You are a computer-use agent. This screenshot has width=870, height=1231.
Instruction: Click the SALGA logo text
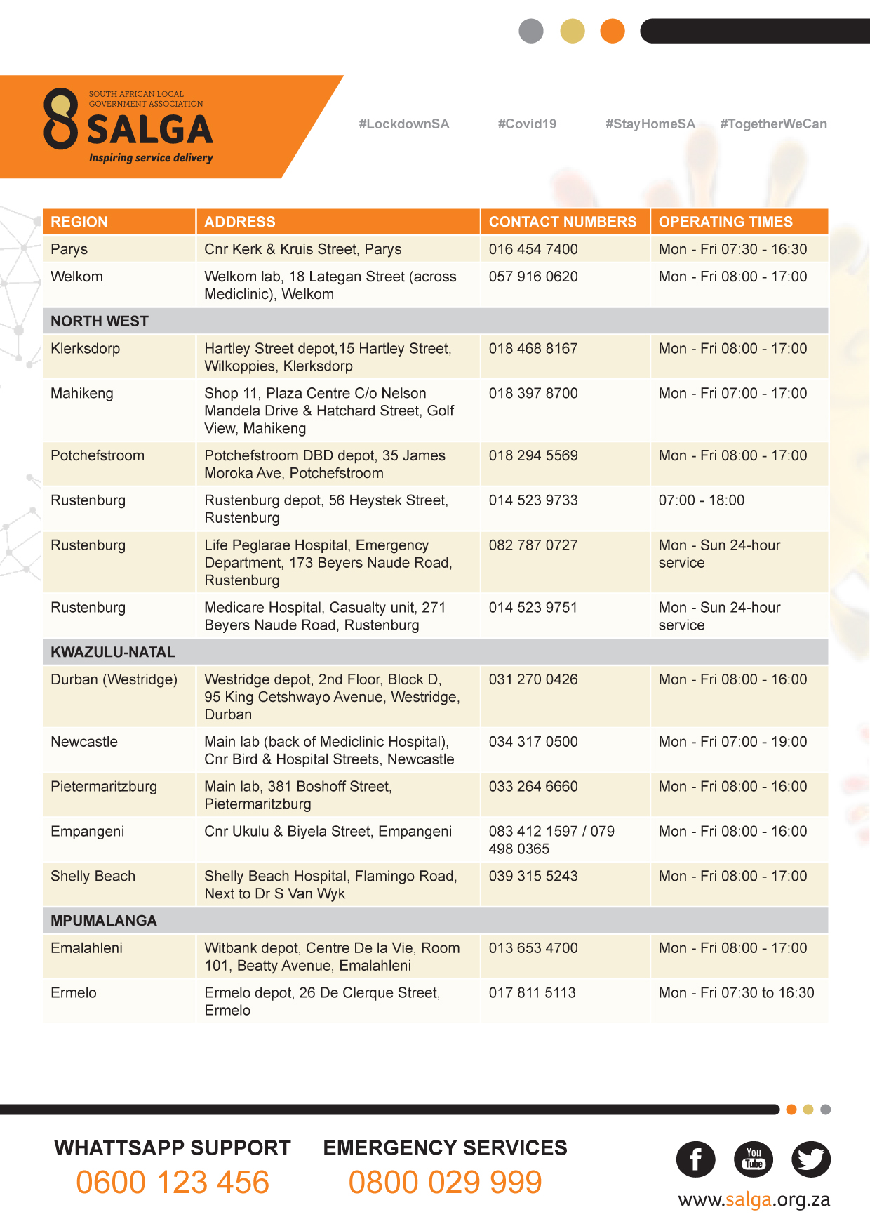click(149, 130)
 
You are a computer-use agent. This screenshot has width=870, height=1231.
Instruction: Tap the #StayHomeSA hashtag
click(650, 124)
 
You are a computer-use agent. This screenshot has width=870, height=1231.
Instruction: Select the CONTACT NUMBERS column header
click(563, 222)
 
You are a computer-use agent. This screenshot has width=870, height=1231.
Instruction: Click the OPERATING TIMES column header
click(725, 222)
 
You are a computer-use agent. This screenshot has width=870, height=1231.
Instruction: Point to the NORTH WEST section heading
click(100, 321)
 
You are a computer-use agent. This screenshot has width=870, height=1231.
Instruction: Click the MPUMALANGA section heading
click(104, 921)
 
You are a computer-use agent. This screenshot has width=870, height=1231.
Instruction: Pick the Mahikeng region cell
click(82, 394)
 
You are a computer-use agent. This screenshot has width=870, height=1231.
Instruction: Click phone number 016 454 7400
click(533, 249)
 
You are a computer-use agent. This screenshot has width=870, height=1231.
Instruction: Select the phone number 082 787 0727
click(533, 545)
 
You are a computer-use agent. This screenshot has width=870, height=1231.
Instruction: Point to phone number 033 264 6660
click(533, 787)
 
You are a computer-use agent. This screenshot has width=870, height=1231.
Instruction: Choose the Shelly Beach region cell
click(93, 877)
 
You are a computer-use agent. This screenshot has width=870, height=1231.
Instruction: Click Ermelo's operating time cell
click(736, 993)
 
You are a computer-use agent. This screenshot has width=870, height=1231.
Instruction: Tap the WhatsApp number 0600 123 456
click(173, 1183)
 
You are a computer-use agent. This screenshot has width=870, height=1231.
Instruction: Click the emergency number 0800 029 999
click(445, 1183)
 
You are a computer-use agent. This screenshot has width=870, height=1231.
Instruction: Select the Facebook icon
click(695, 1159)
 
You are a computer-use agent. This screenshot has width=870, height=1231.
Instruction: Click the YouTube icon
click(754, 1159)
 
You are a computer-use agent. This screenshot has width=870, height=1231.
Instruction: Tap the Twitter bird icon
click(811, 1159)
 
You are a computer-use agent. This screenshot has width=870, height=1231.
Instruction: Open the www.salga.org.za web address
click(754, 1200)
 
